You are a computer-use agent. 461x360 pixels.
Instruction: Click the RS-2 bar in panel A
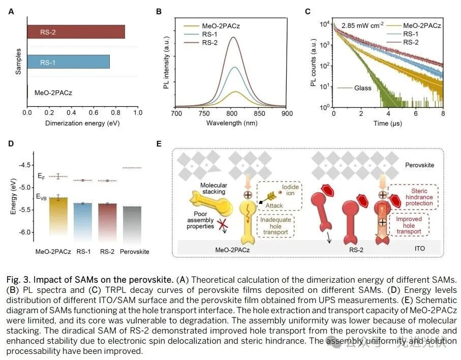tap(76, 32)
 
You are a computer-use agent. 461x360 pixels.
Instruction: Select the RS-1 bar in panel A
tap(68, 62)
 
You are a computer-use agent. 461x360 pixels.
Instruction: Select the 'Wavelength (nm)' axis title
tap(231, 123)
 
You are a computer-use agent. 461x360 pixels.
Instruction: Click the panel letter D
tap(11, 144)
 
